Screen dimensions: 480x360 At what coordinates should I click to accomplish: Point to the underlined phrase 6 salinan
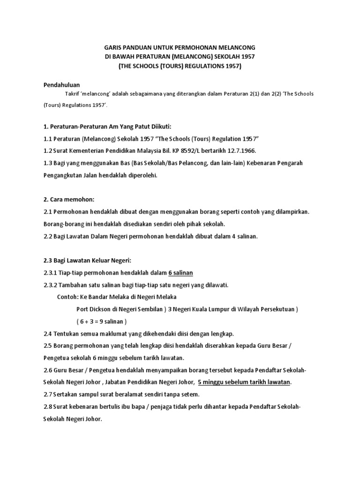coord(180,273)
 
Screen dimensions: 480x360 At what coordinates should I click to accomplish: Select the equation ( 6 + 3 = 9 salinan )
coord(102,322)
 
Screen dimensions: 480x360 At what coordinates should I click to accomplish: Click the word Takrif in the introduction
coord(72,94)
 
